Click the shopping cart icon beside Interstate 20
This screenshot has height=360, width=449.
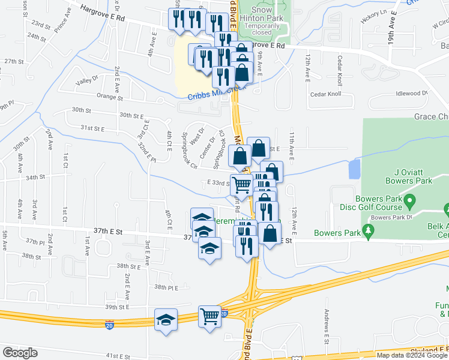(x=209, y=316)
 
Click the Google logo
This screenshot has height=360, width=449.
(x=20, y=353)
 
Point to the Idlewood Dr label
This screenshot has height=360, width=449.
(x=411, y=93)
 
